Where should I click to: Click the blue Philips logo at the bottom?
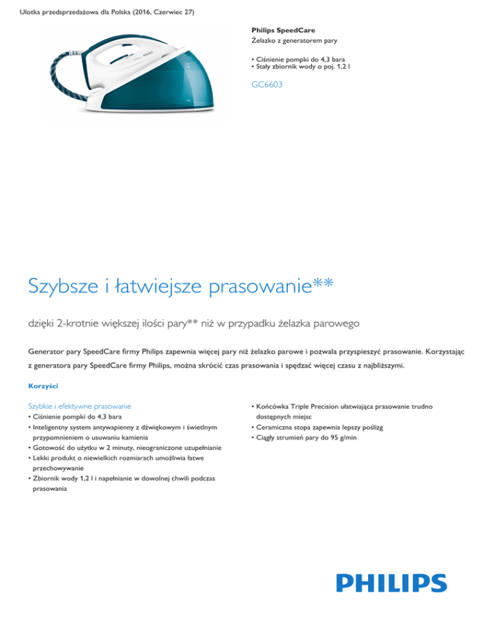391,583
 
